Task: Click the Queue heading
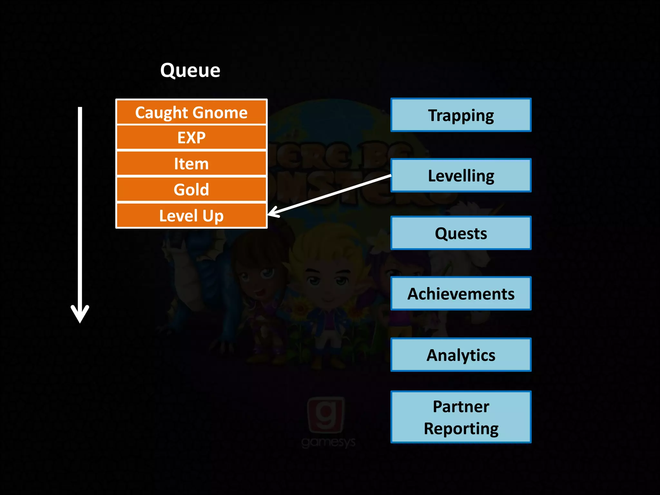(190, 70)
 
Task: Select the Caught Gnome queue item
(191, 112)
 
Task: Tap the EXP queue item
(191, 138)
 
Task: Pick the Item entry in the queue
(191, 164)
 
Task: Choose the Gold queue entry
(191, 189)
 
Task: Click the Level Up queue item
(191, 216)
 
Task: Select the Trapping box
(461, 115)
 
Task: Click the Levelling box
(461, 176)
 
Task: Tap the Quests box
(461, 233)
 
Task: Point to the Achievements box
(461, 294)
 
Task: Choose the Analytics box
(461, 355)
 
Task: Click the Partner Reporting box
(461, 417)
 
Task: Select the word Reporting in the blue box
(461, 429)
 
